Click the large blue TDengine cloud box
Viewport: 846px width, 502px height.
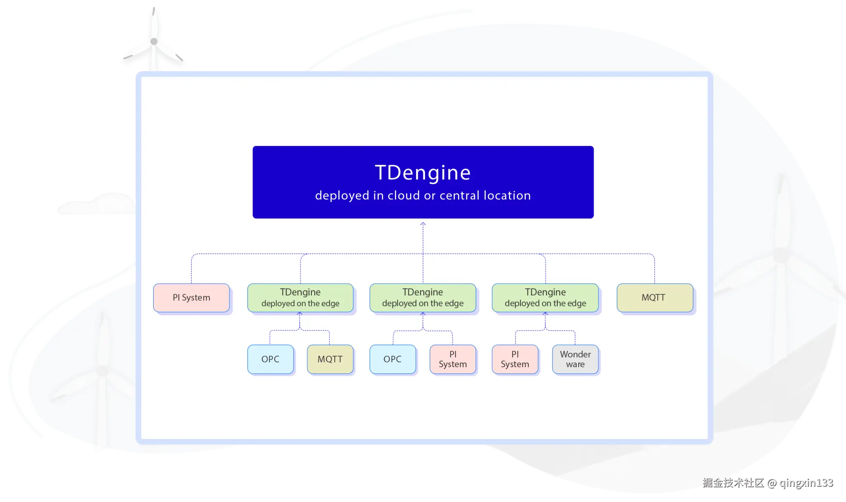click(x=423, y=182)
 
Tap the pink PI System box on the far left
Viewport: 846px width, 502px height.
click(x=191, y=297)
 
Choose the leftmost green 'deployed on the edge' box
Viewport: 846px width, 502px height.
click(x=300, y=297)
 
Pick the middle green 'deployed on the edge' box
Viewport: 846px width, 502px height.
click(x=423, y=297)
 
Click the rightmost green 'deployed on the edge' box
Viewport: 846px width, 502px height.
click(x=545, y=297)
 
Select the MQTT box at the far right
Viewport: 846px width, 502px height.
click(x=655, y=297)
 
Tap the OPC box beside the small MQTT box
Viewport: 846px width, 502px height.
click(x=271, y=359)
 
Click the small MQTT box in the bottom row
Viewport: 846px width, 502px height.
click(x=330, y=359)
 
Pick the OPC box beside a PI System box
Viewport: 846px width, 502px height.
click(x=392, y=359)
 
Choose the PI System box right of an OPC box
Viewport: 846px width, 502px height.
click(x=453, y=359)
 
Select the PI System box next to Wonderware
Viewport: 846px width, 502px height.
click(x=515, y=359)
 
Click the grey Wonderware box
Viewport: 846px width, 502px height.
click(x=575, y=359)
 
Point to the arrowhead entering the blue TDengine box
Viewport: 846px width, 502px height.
click(x=423, y=224)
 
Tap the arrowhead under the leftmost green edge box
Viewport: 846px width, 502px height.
click(x=300, y=314)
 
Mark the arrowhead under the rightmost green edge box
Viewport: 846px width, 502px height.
click(x=545, y=314)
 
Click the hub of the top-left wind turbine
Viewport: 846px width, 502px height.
click(x=154, y=41)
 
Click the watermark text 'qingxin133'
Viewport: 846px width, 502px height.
click(x=806, y=483)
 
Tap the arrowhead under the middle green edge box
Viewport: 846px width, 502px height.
click(x=423, y=314)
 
